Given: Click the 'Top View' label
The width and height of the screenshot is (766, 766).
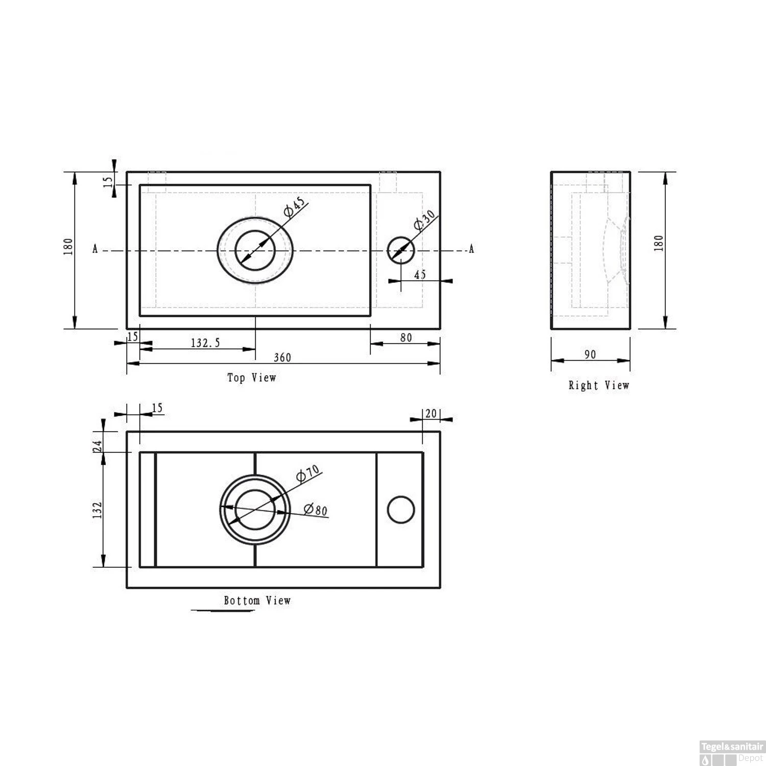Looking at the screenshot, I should (251, 378).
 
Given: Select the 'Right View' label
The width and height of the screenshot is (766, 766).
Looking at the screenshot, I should (599, 386).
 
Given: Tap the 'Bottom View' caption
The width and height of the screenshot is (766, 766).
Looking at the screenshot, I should (257, 601).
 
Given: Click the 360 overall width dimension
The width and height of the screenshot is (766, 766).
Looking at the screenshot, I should (282, 357).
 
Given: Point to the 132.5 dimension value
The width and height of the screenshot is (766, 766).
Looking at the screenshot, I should (205, 343).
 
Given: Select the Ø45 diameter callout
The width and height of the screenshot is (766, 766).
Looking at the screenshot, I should (295, 206).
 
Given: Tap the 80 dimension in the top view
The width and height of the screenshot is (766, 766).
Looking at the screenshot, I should (406, 338).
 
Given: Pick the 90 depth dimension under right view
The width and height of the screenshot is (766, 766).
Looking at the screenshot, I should (590, 354).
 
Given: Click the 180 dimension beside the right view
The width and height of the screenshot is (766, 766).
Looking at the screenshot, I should (659, 243).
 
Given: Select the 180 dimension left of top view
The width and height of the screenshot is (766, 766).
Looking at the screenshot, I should (68, 247).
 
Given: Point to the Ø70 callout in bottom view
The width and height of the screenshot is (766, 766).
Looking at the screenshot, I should (307, 473).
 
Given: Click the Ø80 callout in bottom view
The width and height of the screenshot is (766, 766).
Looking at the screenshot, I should (315, 509).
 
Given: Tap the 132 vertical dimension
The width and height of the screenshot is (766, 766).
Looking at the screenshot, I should (98, 510).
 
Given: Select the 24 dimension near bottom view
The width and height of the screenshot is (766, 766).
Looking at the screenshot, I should (98, 446).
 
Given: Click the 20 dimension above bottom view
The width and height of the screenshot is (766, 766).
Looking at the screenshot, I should (431, 413).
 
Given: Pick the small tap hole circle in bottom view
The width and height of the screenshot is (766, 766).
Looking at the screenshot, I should (401, 510).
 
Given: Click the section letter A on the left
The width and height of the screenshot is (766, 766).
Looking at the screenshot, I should (95, 250).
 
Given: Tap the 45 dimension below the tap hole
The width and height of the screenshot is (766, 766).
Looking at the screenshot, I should (420, 275).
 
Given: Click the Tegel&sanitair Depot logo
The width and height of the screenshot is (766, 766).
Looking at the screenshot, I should (732, 752).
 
